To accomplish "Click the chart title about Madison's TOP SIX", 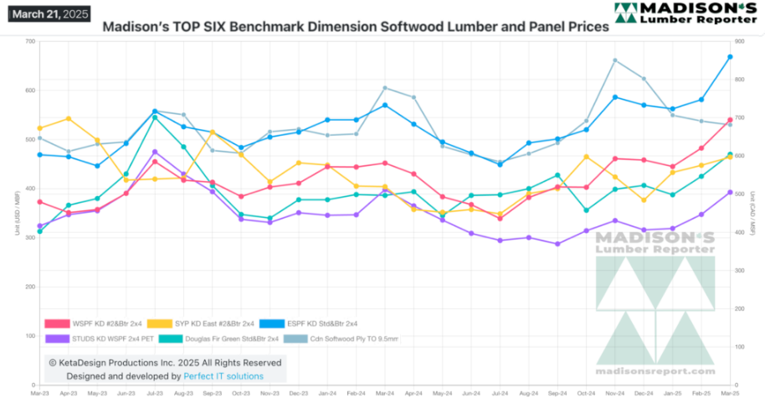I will tap(355, 27).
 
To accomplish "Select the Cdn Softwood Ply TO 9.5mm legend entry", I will tap(346, 339).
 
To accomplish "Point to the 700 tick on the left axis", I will tap(30, 41).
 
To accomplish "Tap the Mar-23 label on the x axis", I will tap(39, 392).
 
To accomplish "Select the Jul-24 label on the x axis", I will tap(500, 392).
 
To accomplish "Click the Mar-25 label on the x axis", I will tap(730, 392).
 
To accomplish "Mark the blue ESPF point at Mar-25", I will tap(730, 57).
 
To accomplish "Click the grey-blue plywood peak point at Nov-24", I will tap(615, 60).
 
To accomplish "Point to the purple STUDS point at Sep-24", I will tap(557, 244).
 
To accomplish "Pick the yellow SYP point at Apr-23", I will tap(69, 118).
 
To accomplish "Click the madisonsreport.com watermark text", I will tap(655, 370).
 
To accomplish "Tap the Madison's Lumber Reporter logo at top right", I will tap(685, 13).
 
